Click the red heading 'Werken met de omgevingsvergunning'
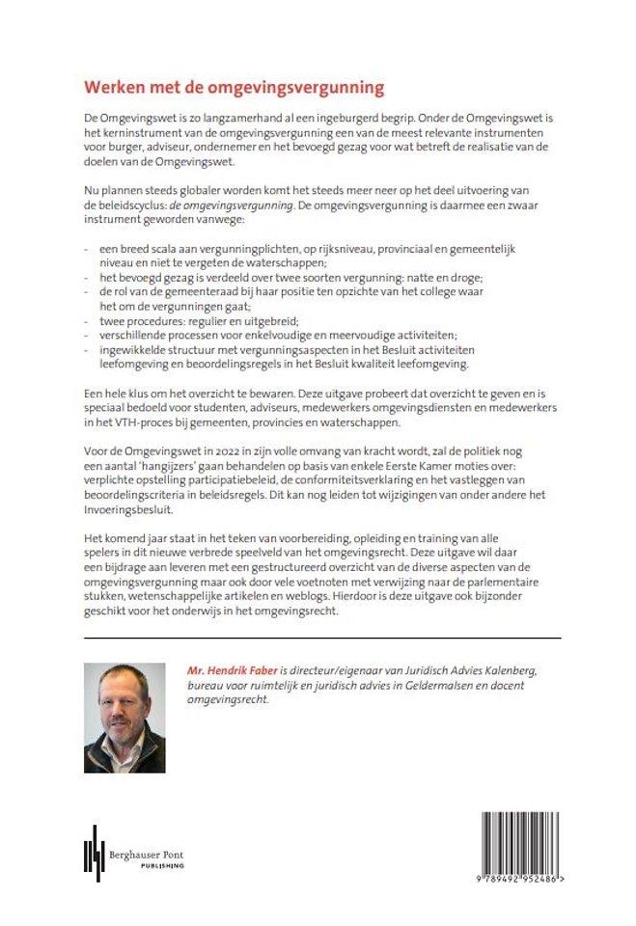[235, 88]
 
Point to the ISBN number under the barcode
[521, 881]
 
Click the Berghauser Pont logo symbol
[95, 854]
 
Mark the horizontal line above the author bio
[322, 639]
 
